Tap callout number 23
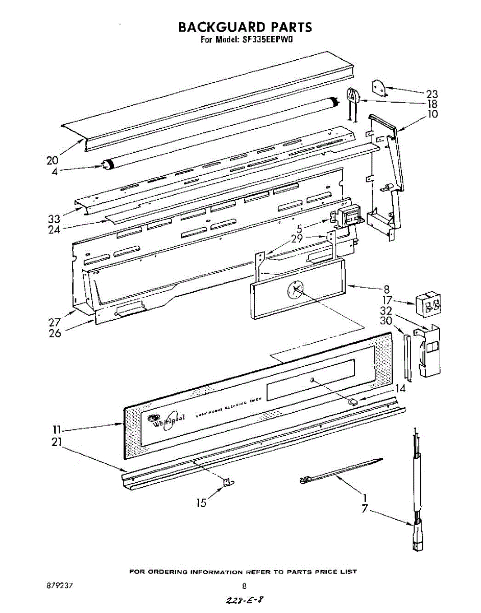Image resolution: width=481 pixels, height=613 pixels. tap(432, 94)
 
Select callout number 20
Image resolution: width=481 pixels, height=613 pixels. tap(52, 160)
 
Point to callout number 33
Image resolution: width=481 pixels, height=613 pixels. tap(54, 220)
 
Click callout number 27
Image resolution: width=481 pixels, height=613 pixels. tap(55, 322)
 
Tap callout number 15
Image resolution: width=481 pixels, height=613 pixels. tap(202, 503)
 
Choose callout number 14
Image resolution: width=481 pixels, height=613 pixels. tap(400, 389)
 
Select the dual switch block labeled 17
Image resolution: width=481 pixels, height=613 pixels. tap(428, 304)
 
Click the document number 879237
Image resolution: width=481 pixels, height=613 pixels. tap(60, 586)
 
